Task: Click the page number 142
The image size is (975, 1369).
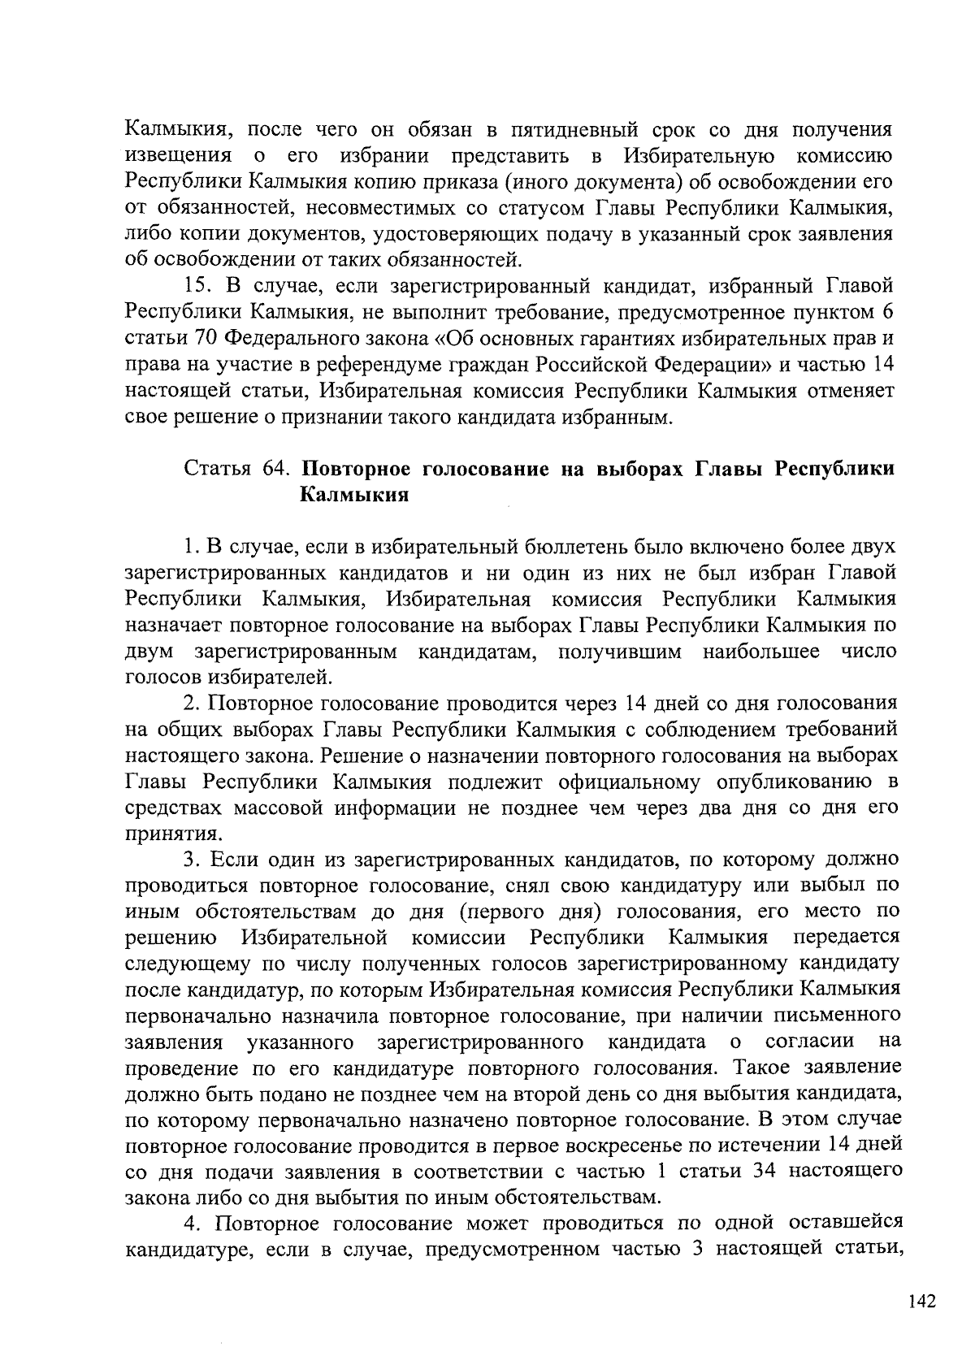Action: [922, 1301]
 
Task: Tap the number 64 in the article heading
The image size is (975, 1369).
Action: [275, 469]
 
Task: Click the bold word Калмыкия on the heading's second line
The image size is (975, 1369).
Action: [353, 495]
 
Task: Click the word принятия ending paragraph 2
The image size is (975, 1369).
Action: [162, 834]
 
